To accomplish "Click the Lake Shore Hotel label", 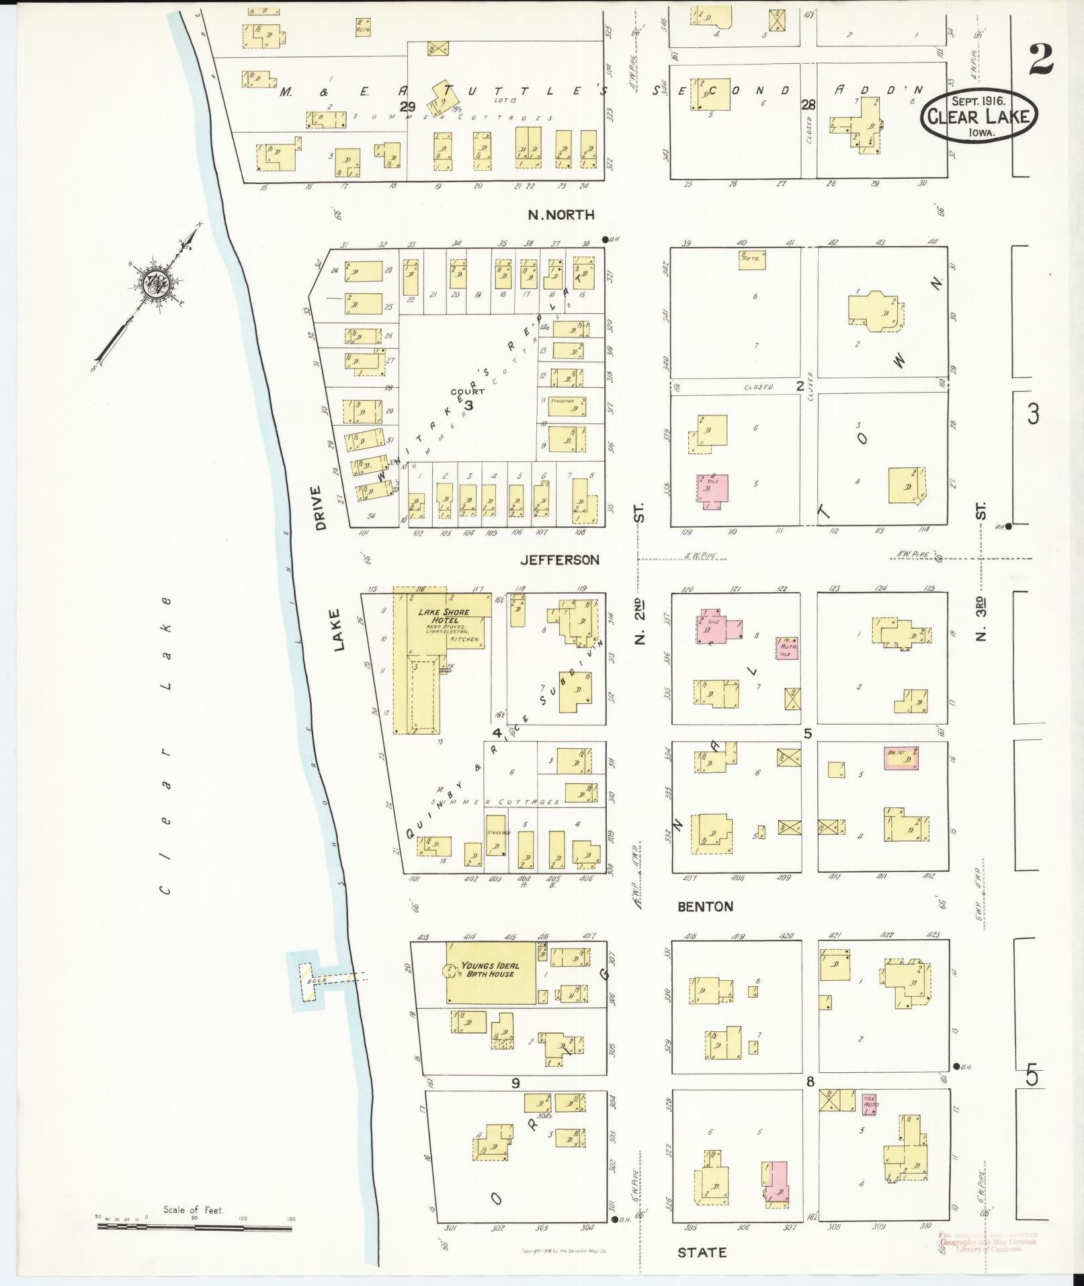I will coord(444,615).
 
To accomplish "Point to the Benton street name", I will coord(705,906).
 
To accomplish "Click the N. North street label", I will coord(561,215).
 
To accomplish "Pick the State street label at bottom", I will coord(702,1252).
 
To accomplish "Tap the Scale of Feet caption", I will coord(194,1210).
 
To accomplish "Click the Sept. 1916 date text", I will coord(978,101).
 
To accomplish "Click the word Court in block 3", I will coord(463,391).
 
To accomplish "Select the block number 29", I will coord(407,106).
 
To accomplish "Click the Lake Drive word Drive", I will coord(320,508).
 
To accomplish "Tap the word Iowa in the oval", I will coord(982,132).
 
